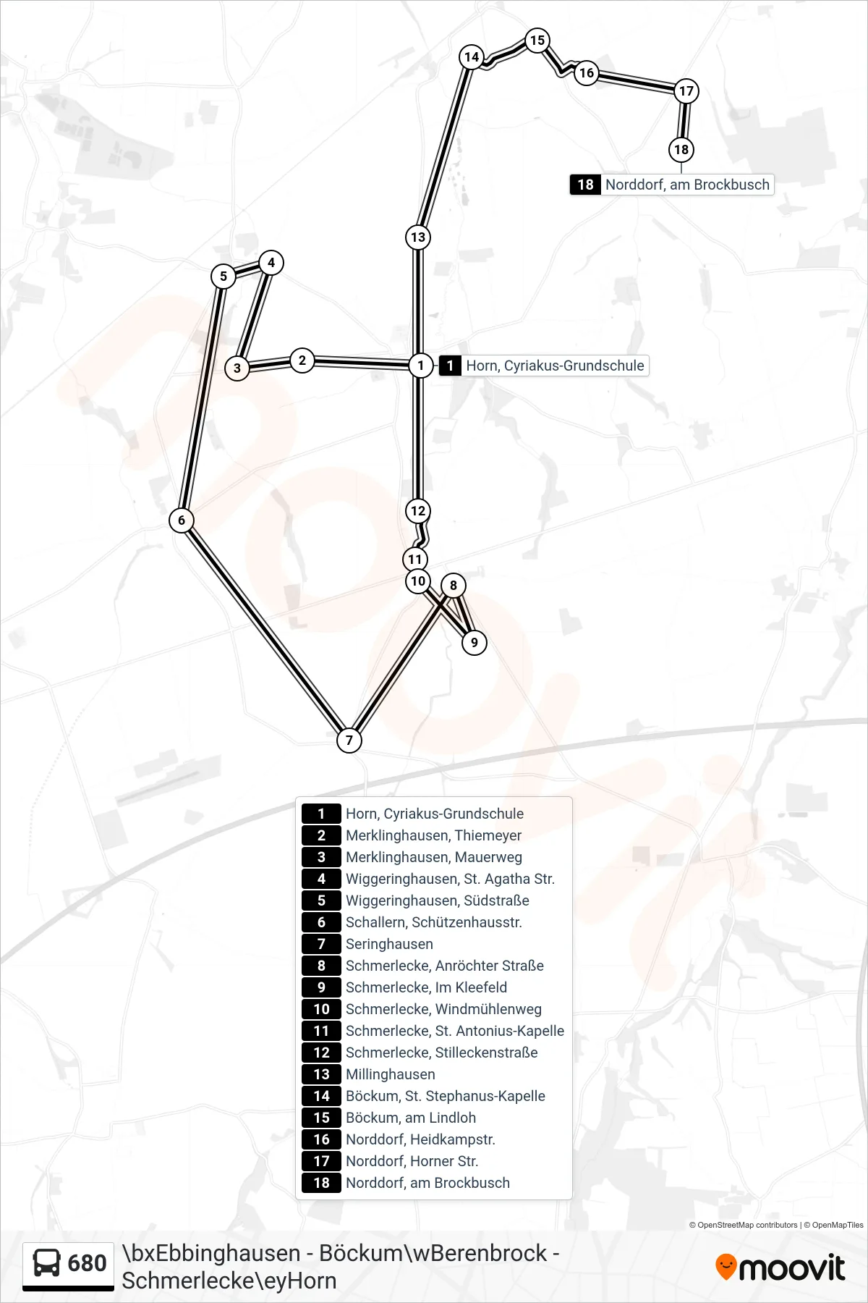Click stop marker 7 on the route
(349, 740)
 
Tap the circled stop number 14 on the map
(472, 56)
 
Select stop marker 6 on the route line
(182, 520)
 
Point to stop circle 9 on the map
(475, 642)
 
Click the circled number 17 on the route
(686, 90)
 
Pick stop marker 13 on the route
(418, 237)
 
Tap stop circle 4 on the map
(271, 262)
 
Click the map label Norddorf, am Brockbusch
(687, 185)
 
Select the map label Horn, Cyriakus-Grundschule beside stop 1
(555, 366)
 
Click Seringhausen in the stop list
(389, 944)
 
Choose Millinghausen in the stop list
(391, 1074)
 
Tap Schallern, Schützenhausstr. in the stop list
(434, 922)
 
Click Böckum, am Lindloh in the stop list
(411, 1118)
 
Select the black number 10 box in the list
(321, 1009)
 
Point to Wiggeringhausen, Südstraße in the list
(438, 901)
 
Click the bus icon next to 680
(47, 1263)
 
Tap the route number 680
(87, 1263)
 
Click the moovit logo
(780, 1267)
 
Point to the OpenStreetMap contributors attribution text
(744, 1225)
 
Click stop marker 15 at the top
(537, 40)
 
